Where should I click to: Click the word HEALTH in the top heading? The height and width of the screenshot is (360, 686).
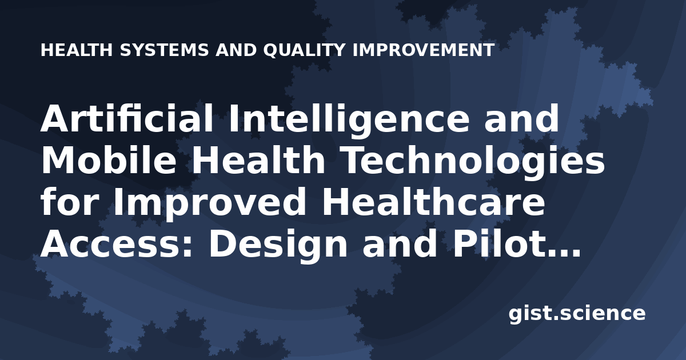tap(77, 50)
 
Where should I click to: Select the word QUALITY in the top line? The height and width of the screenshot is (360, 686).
tap(304, 50)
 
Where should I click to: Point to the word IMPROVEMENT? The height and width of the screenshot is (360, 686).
tap(424, 50)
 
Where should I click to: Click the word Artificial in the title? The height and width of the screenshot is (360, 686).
tap(127, 118)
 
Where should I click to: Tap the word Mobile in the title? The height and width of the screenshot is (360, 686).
tap(109, 160)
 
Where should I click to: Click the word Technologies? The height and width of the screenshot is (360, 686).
tap(474, 162)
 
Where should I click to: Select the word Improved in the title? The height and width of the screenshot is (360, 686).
tap(209, 204)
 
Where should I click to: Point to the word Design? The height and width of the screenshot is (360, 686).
tap(278, 246)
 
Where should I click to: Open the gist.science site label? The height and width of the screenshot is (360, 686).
tap(577, 314)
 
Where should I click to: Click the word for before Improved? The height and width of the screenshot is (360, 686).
tap(70, 201)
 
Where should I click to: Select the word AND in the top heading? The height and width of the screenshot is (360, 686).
tap(236, 50)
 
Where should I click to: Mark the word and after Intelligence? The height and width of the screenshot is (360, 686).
tap(521, 118)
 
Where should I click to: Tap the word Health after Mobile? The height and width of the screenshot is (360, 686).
tap(258, 159)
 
